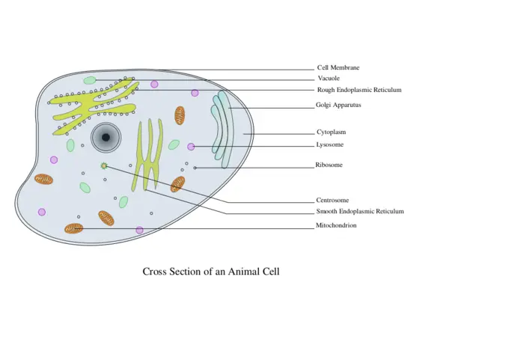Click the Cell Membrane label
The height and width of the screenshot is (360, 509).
pyautogui.click(x=338, y=67)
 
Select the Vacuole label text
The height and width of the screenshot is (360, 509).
pyautogui.click(x=329, y=78)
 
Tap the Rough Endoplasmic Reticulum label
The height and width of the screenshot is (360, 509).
pyautogui.click(x=359, y=90)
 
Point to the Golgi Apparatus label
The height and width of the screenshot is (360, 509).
pyautogui.click(x=338, y=105)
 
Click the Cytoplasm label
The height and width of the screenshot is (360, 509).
pyautogui.click(x=331, y=132)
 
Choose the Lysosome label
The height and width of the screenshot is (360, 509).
pyautogui.click(x=330, y=144)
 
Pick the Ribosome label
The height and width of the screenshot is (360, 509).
pyautogui.click(x=329, y=165)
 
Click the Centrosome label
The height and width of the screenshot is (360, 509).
pyautogui.click(x=332, y=201)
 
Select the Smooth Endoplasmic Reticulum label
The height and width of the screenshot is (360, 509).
pyautogui.click(x=360, y=212)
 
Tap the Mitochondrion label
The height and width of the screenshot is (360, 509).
pyautogui.click(x=336, y=225)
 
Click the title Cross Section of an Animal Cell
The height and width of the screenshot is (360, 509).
pyautogui.click(x=211, y=272)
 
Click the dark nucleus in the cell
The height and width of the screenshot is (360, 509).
pyautogui.click(x=106, y=137)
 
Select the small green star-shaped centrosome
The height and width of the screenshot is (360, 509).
pyautogui.click(x=104, y=165)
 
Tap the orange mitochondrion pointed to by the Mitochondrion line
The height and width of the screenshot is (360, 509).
pyautogui.click(x=73, y=228)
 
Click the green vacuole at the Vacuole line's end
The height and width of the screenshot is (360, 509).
pyautogui.click(x=90, y=80)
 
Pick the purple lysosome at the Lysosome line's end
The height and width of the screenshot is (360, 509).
pyautogui.click(x=191, y=147)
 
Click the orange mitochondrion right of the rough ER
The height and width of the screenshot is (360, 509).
pyautogui.click(x=180, y=115)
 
